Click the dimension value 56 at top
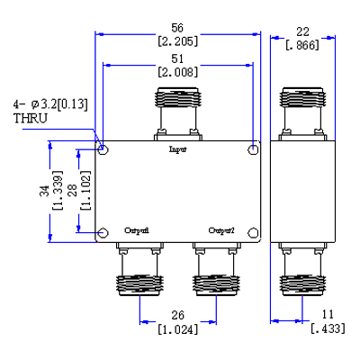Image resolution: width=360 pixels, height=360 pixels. click(x=179, y=27)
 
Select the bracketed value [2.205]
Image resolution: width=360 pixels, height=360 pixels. click(x=179, y=40)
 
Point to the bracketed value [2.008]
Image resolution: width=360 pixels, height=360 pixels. click(x=179, y=72)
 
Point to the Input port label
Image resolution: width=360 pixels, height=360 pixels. click(x=178, y=150)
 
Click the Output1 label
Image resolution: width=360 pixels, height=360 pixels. click(x=137, y=230)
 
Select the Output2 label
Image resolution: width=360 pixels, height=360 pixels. click(x=221, y=230)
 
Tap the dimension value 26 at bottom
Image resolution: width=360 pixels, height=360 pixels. click(x=178, y=315)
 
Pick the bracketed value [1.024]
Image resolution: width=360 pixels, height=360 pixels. click(x=178, y=328)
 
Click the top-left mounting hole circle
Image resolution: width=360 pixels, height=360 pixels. click(x=104, y=148)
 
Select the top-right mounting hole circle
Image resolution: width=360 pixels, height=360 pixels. click(x=254, y=148)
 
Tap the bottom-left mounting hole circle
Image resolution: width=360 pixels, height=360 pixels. click(x=104, y=233)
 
